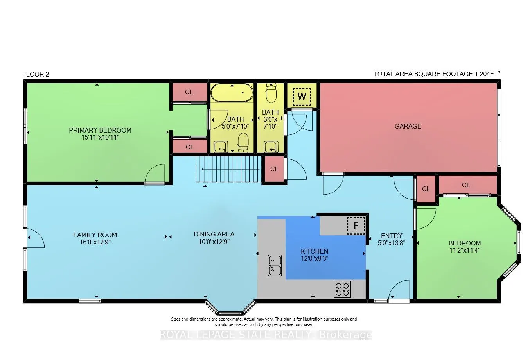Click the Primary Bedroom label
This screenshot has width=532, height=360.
tap(100, 130)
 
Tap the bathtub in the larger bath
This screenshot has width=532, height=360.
tap(232, 93)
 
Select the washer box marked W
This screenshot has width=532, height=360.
tap(302, 96)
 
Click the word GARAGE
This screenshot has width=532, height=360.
tap(408, 126)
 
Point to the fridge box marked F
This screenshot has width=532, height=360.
tap(356, 226)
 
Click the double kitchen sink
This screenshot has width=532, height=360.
tap(275, 265)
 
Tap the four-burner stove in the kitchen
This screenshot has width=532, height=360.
tap(342, 289)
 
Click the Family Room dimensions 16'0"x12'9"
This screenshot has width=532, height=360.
tap(95, 242)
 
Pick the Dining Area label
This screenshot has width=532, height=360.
tap(214, 234)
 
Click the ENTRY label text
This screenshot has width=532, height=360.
tap(392, 236)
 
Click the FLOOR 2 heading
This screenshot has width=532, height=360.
tap(36, 74)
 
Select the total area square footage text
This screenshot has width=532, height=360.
tap(437, 74)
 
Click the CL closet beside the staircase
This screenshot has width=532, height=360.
tap(274, 169)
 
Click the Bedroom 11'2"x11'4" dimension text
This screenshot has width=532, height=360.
tap(465, 250)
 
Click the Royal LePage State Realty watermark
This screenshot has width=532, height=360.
tap(266, 335)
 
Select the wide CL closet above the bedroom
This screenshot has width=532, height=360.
tap(465, 185)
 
